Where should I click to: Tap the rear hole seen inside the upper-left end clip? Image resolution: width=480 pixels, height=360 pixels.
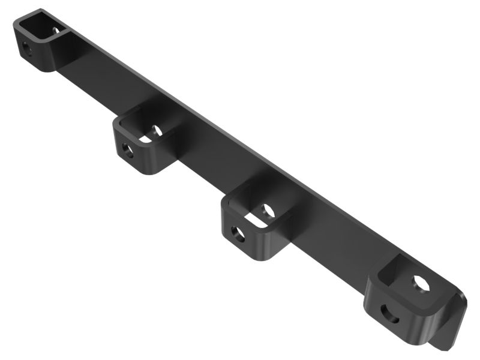[x=56, y=29]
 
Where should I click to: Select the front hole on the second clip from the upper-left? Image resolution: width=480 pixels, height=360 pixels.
[x=127, y=150]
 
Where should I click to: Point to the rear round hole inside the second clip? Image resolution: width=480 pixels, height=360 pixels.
[x=157, y=130]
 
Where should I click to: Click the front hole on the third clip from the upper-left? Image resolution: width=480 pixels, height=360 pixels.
[x=238, y=234]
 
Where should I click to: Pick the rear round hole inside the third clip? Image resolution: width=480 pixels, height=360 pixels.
[x=268, y=211]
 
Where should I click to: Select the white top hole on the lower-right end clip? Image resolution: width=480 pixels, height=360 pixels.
[x=421, y=284]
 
